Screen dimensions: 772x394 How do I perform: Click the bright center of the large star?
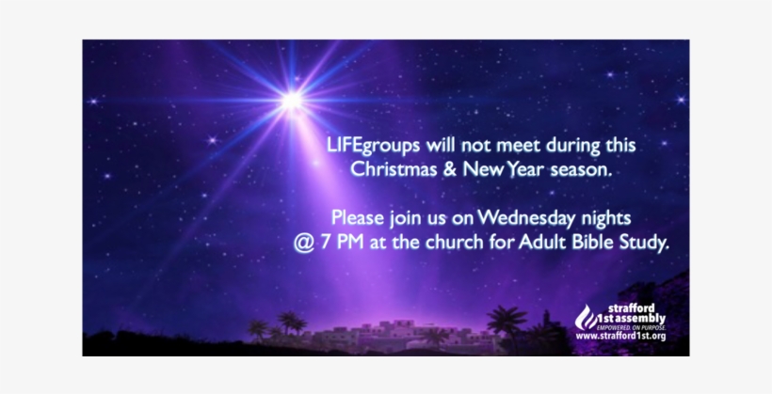(x=292, y=101)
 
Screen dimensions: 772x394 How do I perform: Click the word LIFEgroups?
(x=373, y=146)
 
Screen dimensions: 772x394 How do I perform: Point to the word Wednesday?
(x=526, y=218)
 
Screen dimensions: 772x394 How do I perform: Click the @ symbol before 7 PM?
(x=304, y=243)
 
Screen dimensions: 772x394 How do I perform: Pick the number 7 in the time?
(x=326, y=243)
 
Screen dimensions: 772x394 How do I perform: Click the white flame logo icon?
(x=586, y=317)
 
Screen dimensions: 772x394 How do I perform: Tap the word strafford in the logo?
(x=631, y=309)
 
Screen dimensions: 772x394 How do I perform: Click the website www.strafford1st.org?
(x=620, y=337)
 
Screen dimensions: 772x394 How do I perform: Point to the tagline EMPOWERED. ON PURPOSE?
(x=631, y=327)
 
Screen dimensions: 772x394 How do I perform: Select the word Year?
(x=525, y=169)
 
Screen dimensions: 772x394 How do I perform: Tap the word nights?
(x=606, y=218)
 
